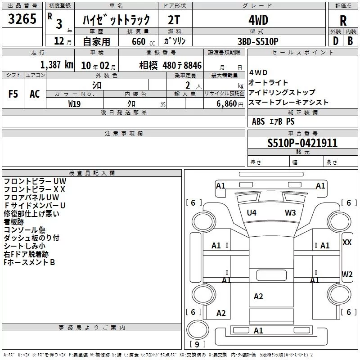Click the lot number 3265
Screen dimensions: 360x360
click(x=22, y=20)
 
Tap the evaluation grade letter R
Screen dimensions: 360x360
click(x=343, y=21)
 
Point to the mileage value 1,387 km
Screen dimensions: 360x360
click(x=56, y=65)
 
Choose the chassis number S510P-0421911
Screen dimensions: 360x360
click(x=302, y=144)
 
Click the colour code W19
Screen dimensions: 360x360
click(x=75, y=103)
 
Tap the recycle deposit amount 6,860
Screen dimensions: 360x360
click(x=227, y=103)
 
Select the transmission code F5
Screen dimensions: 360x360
click(x=13, y=94)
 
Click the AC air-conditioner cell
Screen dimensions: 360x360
click(x=35, y=94)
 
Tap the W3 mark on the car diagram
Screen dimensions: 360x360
click(x=290, y=213)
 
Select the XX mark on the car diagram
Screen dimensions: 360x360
click(x=347, y=242)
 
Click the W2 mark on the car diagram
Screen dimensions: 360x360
click(x=347, y=274)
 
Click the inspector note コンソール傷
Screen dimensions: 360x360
click(x=24, y=230)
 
